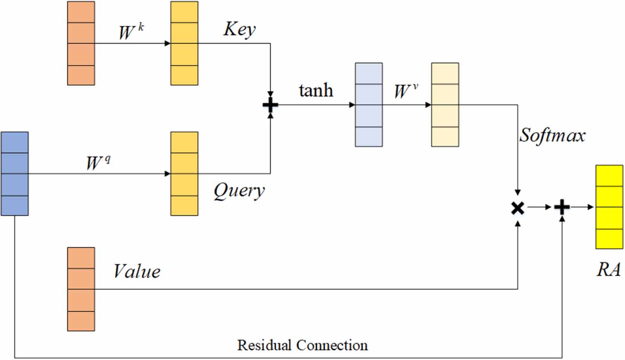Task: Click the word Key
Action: [239, 29]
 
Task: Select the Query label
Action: [239, 191]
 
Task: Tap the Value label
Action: [137, 271]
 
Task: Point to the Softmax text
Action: [552, 135]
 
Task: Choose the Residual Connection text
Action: [302, 345]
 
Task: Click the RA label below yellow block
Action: [608, 269]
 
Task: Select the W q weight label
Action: [98, 162]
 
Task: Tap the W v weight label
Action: [405, 91]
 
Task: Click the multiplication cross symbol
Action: [518, 208]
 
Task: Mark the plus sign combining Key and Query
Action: [270, 105]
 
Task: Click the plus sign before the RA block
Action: [562, 207]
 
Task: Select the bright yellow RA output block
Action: [609, 207]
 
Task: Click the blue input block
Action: [14, 174]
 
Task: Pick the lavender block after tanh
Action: [368, 105]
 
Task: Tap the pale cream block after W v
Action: [445, 105]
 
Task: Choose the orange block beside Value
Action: [81, 289]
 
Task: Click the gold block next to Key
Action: [184, 43]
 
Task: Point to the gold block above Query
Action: [184, 174]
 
